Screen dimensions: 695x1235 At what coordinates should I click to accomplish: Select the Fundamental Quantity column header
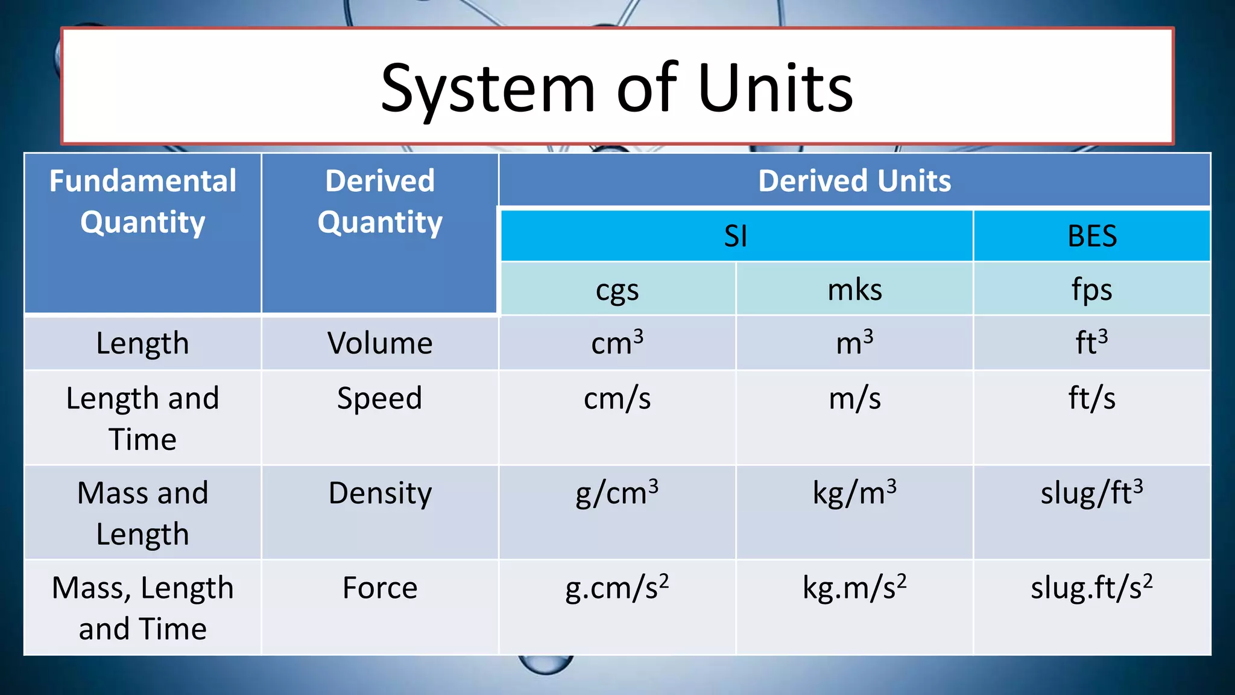point(143,202)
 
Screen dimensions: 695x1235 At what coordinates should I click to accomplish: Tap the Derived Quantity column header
point(380,202)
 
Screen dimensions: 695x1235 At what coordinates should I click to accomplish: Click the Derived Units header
point(854,180)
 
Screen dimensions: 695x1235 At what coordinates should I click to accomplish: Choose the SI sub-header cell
point(736,236)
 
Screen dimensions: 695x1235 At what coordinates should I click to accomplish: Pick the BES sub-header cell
point(1092,236)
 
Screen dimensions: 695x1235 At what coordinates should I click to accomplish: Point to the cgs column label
point(617,290)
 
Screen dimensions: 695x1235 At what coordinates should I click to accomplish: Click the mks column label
point(854,290)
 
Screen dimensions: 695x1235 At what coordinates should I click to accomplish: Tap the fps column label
point(1092,290)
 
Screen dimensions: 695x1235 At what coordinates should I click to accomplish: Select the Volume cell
point(380,343)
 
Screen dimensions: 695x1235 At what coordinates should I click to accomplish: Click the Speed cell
point(380,399)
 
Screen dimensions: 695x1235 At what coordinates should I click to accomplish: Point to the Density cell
point(380,493)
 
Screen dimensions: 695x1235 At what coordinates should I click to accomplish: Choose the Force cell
point(380,588)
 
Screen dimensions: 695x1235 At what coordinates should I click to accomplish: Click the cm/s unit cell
point(617,399)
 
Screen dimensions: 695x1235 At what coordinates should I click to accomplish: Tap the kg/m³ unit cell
point(854,493)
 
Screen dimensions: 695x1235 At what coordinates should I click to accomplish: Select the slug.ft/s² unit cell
point(1092,588)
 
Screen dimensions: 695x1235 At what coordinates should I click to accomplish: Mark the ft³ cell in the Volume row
point(1092,343)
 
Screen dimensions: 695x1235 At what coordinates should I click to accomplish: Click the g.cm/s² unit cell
point(617,588)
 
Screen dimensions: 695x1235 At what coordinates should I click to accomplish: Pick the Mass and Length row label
point(143,513)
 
